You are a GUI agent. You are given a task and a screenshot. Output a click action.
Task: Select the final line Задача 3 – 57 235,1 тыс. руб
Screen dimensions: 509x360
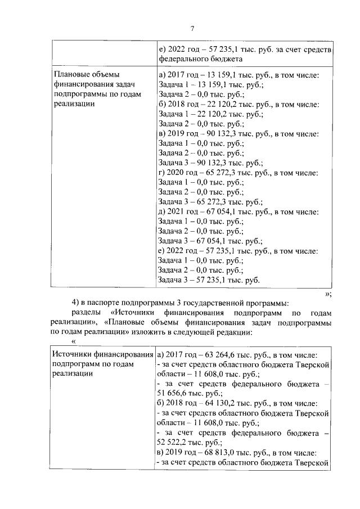tap(209, 280)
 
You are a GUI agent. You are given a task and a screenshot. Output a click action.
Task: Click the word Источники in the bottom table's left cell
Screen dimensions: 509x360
tap(73, 354)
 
